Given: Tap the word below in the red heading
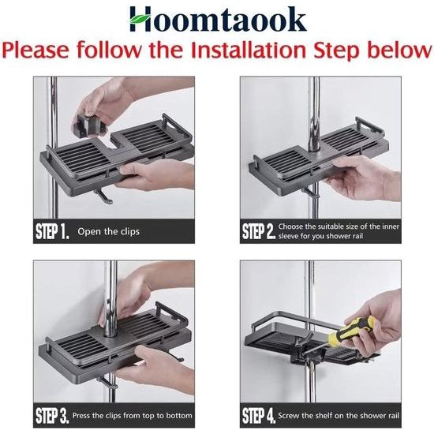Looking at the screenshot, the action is (x=401, y=50).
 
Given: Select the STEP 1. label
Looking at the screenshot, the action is (x=52, y=231).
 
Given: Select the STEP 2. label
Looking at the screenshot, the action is (x=259, y=231).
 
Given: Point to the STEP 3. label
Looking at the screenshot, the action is (x=52, y=415).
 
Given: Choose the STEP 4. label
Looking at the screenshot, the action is (x=259, y=415).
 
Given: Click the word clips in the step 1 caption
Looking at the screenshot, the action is (x=129, y=232).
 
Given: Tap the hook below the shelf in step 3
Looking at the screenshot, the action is (x=107, y=382).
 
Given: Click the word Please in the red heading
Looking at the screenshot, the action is (x=36, y=50).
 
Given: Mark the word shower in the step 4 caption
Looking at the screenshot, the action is (x=371, y=415).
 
